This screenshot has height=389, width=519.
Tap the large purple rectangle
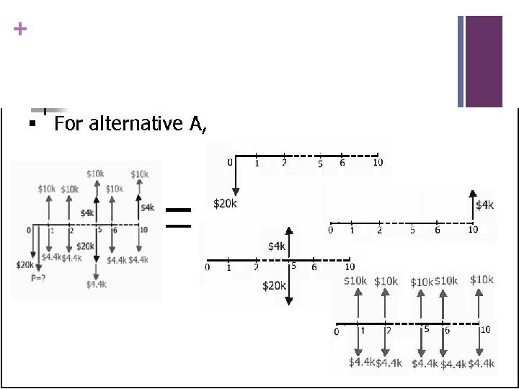(483, 61)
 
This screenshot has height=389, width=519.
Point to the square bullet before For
(31, 125)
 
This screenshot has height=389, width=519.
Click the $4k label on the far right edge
(485, 205)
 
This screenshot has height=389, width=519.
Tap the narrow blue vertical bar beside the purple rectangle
(461, 61)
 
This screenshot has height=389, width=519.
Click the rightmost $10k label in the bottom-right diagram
(482, 280)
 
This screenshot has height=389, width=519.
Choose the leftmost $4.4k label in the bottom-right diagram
(361, 362)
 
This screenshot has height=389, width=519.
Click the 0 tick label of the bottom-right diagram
(335, 332)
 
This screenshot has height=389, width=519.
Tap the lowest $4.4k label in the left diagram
(97, 285)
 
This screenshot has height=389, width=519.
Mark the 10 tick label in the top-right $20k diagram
(378, 163)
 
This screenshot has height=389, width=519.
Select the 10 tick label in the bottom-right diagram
(485, 329)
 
